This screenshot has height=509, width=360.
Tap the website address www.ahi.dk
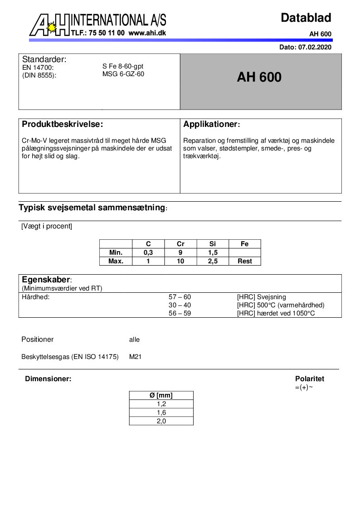pos(147,33)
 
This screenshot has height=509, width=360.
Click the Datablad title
pos(306,18)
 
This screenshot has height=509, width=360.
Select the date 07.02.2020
pos(315,47)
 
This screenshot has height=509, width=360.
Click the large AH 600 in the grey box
pos(259,78)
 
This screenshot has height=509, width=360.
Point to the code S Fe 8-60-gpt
pos(123,66)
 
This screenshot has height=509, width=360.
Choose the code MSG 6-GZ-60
pos(123,74)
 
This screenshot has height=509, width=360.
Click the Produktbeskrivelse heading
pos(63,124)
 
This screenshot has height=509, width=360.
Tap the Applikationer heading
pos(211,124)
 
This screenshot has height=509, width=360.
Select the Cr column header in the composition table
pos(180,244)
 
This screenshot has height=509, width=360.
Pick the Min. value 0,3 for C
pos(148,252)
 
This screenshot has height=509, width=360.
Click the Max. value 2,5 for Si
pos(213,261)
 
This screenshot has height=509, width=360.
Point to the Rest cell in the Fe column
pos(245,261)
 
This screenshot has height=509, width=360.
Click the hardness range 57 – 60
pos(180,297)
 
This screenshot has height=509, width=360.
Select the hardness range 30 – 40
pos(180,305)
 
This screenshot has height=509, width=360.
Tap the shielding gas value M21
pos(136,357)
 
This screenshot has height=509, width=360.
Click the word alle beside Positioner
pos(135,339)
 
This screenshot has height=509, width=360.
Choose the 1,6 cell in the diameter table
pos(161,412)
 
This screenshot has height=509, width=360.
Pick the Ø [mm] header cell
pos(161,395)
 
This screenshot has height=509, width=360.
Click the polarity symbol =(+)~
pos(304,388)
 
